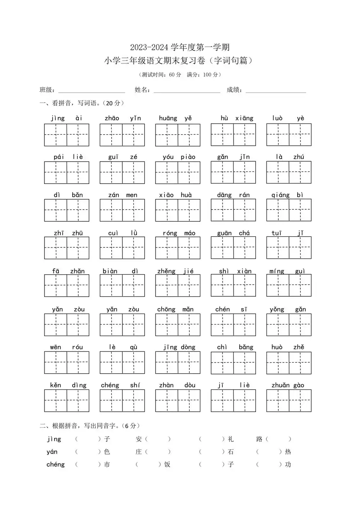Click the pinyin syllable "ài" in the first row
[79, 118]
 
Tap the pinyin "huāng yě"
[175, 118]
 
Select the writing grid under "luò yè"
[289, 135]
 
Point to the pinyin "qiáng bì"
[287, 195]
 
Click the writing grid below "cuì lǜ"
[122, 248]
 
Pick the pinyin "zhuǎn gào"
[288, 385]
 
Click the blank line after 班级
[91, 90]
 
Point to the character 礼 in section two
[231, 439]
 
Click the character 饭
[167, 464]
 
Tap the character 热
[288, 452]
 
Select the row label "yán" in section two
[52, 452]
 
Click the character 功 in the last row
[288, 464]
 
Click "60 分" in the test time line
[175, 75]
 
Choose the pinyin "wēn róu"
[66, 347]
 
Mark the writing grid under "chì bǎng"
[233, 362]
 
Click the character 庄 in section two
[139, 452]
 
